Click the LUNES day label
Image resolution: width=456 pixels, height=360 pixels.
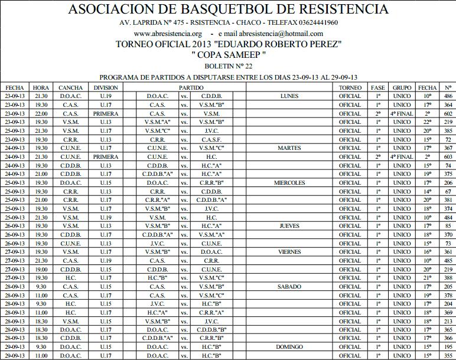click(290, 96)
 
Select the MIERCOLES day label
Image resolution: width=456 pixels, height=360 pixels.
click(290, 182)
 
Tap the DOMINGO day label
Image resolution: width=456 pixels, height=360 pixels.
click(290, 346)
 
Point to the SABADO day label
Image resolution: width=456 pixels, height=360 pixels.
click(290, 286)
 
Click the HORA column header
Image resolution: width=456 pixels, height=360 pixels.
click(41, 87)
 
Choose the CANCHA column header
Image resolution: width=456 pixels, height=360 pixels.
click(71, 87)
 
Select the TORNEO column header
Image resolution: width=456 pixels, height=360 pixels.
click(350, 87)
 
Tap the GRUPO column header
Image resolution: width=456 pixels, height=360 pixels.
click(402, 87)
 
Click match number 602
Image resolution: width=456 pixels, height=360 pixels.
click(448, 113)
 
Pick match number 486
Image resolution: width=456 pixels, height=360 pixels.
click(448, 96)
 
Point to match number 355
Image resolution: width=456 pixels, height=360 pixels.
click(448, 355)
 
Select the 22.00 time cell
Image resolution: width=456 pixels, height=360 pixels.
click(41, 113)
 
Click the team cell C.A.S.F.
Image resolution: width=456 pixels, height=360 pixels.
click(211, 139)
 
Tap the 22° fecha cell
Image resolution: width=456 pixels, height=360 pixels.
click(428, 122)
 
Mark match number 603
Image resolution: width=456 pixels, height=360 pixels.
click(448, 156)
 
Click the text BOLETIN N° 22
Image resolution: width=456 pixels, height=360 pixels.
click(228, 67)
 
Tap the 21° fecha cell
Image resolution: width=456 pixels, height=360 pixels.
click(428, 277)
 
